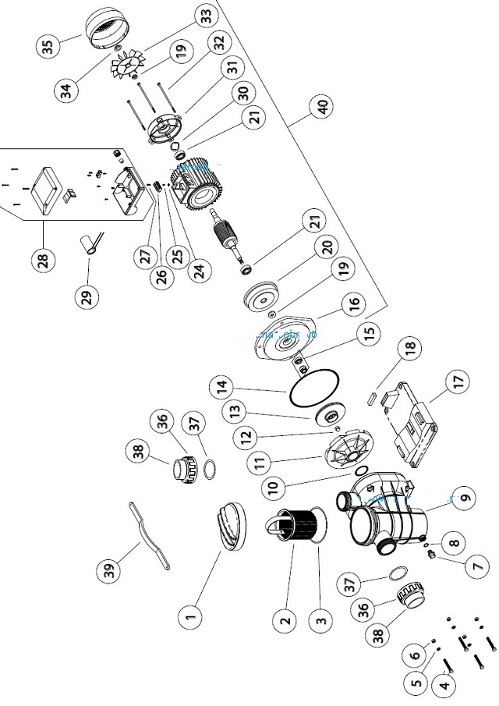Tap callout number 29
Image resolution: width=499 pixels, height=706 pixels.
click(87, 296)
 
